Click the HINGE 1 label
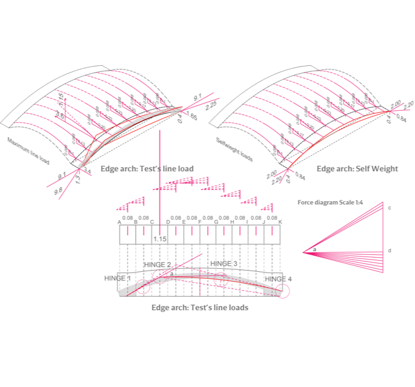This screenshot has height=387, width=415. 117,278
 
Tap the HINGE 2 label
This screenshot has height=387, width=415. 157,265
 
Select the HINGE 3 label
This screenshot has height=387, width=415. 223,263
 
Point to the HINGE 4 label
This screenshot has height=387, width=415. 277,279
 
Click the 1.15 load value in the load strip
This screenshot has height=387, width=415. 159,239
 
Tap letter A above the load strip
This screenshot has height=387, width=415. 120,222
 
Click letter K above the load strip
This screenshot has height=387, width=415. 280,222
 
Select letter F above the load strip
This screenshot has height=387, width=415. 200,222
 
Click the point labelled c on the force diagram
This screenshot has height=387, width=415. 389,208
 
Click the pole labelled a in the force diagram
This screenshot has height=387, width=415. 314,249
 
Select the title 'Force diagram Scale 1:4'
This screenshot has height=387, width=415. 330,202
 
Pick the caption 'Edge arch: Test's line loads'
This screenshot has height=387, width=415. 200,308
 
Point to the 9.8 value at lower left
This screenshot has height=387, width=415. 59,191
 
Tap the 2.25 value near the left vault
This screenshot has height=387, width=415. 212,105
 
